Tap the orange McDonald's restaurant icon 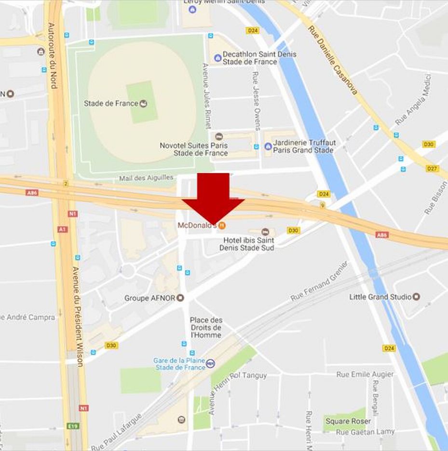[x=222, y=225]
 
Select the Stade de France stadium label [x=111, y=103]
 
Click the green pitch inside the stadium [x=142, y=102]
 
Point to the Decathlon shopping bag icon [x=217, y=58]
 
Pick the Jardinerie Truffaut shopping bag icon [x=268, y=146]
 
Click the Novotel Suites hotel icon [x=219, y=137]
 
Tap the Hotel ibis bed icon [x=265, y=232]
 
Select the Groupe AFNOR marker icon [x=180, y=298]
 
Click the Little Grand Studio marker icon [x=417, y=297]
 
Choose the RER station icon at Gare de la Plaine [x=210, y=364]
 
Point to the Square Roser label [x=348, y=421]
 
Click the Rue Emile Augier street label [x=365, y=374]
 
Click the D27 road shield [x=432, y=168]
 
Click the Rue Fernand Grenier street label [x=319, y=282]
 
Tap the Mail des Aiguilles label [x=146, y=178]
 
